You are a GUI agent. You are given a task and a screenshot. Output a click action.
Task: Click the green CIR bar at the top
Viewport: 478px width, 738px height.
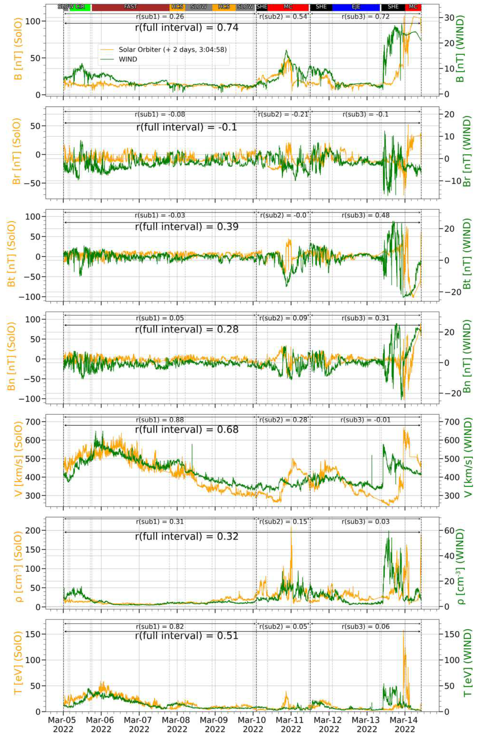80,7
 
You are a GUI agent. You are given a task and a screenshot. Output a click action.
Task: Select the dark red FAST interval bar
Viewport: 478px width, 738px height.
130,7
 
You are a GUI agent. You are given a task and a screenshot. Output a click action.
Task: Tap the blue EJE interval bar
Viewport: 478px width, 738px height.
356,7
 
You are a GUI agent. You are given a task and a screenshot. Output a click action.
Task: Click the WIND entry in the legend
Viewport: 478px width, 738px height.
128,59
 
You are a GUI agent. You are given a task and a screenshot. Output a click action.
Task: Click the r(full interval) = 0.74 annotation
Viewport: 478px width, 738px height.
187,28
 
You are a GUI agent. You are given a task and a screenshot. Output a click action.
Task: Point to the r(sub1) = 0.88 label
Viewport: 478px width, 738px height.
160,420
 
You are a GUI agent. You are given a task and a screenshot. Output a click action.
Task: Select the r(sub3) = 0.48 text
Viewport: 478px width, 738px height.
365,215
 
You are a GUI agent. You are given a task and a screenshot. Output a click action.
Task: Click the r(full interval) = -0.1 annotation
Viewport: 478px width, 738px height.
187,127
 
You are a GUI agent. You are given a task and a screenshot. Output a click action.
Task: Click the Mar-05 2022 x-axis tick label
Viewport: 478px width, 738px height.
63,724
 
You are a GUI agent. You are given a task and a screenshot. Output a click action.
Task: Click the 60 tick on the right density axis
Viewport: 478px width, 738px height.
449,530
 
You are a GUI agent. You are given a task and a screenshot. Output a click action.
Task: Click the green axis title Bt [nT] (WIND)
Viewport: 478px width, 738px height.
467,253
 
